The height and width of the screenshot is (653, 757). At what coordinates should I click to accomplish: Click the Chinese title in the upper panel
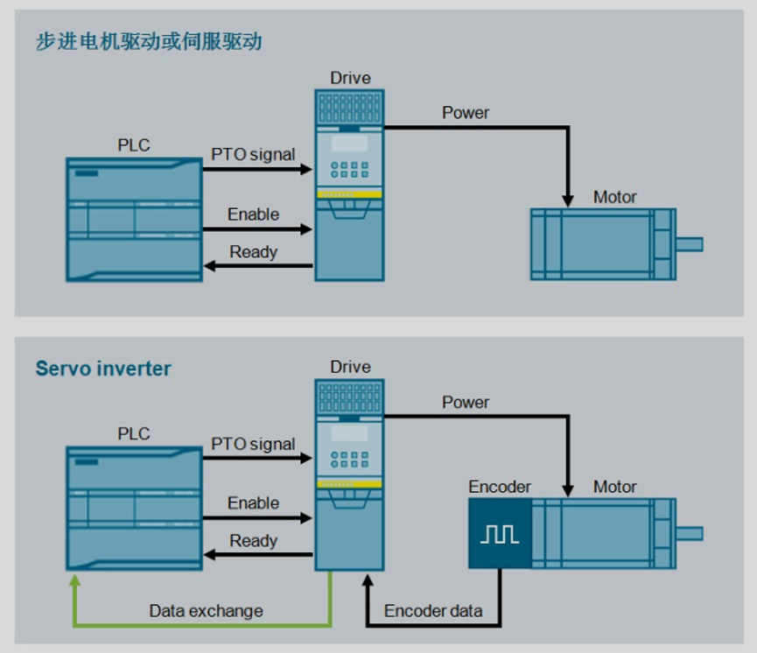pos(149,41)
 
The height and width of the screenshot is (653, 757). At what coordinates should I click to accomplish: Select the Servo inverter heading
pos(103,369)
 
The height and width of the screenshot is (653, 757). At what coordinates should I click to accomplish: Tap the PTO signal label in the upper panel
pos(253,155)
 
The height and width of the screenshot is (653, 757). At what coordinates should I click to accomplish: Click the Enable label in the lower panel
pos(254,502)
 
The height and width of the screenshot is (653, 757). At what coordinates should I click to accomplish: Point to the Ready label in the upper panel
pos(254,251)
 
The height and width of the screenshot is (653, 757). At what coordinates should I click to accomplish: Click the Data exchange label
pos(207,611)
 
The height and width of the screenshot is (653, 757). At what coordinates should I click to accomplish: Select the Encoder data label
pos(433,611)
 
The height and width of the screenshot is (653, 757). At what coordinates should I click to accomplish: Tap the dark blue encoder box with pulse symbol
pos(501,533)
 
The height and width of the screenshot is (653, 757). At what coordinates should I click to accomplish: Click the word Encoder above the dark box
pos(500,487)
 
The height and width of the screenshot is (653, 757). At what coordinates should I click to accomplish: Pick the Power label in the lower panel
pos(466,403)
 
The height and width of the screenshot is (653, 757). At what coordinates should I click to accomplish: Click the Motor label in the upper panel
pos(614,197)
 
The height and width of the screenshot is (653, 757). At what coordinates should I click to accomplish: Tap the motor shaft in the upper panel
pos(690,244)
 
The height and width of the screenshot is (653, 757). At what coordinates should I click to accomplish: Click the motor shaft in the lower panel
pos(690,534)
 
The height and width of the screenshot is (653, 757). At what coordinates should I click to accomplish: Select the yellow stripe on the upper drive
pos(349,194)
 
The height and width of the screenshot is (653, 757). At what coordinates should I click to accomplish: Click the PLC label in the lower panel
pos(134,433)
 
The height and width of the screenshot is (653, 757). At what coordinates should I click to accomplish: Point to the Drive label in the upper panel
pos(351,78)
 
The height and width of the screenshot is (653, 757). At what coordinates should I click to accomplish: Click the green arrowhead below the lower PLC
pos(75,580)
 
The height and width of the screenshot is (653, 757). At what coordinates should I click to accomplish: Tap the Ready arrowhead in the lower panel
pos(209,555)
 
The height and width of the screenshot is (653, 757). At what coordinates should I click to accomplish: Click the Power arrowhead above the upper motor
pos(568,201)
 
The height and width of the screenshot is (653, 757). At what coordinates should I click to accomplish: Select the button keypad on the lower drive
pos(349,460)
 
